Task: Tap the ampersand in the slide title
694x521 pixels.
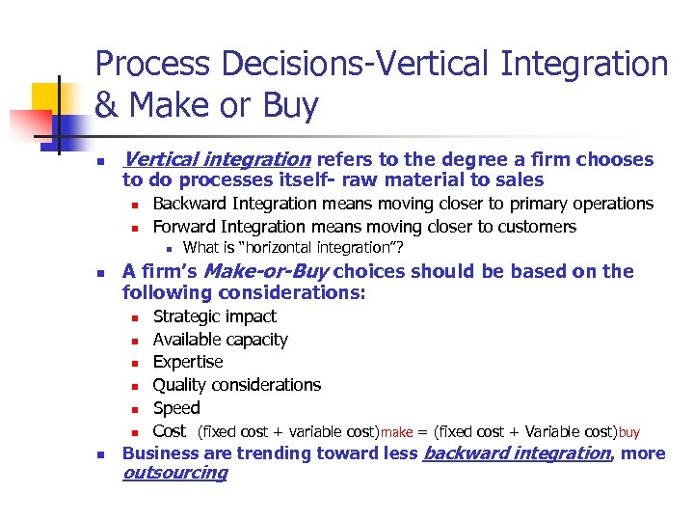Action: [109, 105]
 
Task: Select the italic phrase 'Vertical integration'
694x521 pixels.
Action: [217, 159]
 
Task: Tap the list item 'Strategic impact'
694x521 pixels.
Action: [214, 316]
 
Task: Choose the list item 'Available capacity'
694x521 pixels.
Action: [220, 340]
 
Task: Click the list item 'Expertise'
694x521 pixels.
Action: [188, 362]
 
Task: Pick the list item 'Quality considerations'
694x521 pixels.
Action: [237, 385]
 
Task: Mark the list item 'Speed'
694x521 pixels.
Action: [176, 408]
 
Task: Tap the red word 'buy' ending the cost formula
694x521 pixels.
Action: [628, 433]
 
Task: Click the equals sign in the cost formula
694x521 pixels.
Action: [420, 432]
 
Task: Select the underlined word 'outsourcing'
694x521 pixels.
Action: [175, 473]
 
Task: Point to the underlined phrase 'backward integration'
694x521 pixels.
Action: [517, 453]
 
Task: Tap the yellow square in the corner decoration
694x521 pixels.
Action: [46, 97]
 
